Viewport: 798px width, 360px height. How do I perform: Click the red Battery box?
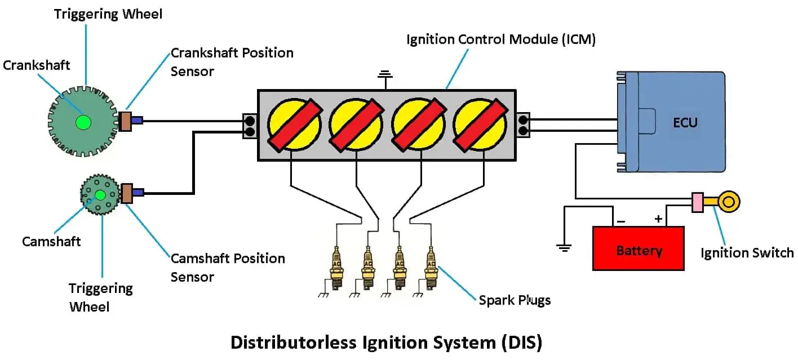click(x=638, y=248)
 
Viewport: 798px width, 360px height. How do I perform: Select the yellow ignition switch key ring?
click(x=730, y=202)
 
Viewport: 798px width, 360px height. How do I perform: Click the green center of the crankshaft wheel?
click(x=83, y=121)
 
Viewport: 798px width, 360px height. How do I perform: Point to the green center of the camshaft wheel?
click(x=100, y=195)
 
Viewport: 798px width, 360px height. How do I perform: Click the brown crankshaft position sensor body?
click(x=125, y=121)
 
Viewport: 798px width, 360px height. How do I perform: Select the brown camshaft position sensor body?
click(x=127, y=193)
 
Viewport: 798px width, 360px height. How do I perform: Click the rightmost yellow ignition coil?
click(x=480, y=125)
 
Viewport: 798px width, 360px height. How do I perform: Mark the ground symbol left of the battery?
click(x=564, y=246)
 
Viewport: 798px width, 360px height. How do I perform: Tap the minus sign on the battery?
click(x=620, y=221)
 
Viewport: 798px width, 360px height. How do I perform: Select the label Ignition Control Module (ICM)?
click(x=500, y=40)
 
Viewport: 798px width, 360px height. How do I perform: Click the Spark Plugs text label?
click(x=515, y=300)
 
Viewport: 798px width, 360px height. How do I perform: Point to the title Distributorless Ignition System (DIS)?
click(x=386, y=343)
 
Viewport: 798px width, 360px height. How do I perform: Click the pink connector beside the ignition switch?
click(x=697, y=202)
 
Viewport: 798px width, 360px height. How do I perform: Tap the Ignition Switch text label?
click(x=747, y=252)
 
